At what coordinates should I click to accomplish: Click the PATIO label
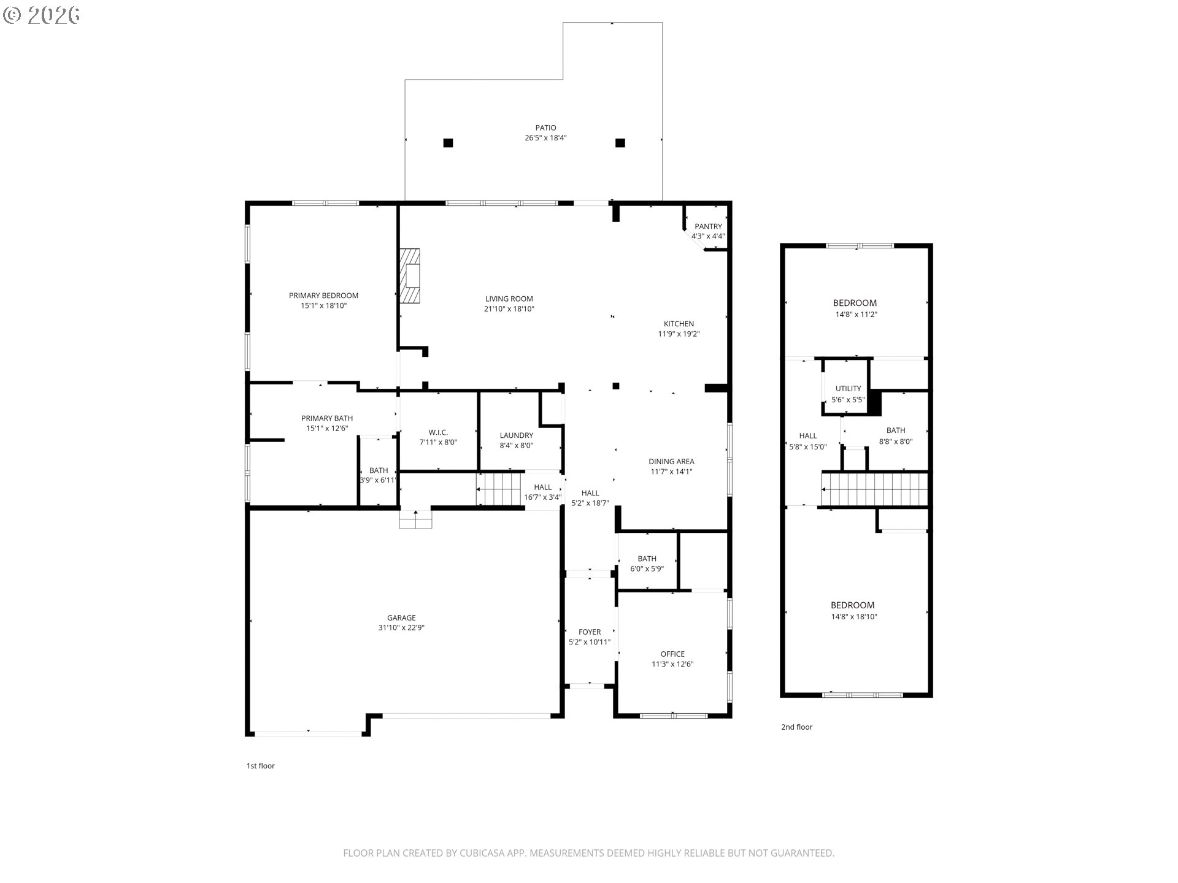click(x=545, y=128)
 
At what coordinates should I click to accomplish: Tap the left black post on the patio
click(x=448, y=143)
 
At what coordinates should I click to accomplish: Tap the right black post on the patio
click(x=620, y=143)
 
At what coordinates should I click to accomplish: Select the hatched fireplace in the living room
click(x=410, y=275)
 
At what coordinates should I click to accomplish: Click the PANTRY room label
click(x=708, y=226)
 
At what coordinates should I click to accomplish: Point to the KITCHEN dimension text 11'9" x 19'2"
click(x=679, y=334)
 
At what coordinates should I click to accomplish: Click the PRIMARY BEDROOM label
click(x=323, y=296)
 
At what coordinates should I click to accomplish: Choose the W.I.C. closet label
click(x=438, y=432)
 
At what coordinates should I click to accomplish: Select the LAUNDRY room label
click(x=516, y=435)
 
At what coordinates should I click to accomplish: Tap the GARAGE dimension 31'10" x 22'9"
click(x=401, y=628)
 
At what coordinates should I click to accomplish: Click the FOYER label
click(x=590, y=632)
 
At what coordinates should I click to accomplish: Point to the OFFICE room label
click(x=672, y=654)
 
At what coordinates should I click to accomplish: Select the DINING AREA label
click(x=671, y=462)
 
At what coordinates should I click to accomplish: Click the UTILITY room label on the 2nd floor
click(x=848, y=389)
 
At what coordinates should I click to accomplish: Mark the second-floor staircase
click(x=874, y=489)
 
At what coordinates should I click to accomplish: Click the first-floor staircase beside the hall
click(x=499, y=489)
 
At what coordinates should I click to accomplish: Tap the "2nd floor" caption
click(x=796, y=727)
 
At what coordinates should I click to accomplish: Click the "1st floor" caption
click(x=261, y=766)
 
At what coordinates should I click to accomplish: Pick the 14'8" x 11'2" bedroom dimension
click(x=856, y=315)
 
